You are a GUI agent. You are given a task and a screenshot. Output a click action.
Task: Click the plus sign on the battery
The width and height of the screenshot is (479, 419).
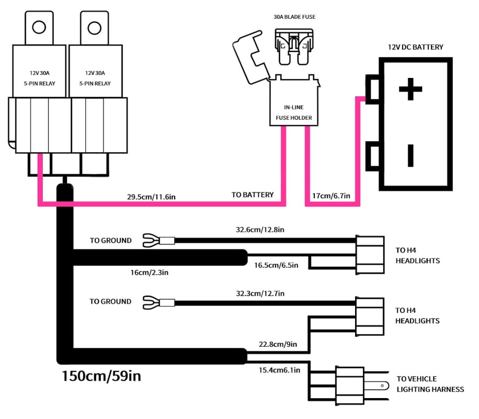coord(410,89)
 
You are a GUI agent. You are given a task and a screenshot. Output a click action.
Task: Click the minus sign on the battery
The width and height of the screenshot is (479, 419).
coord(410,155)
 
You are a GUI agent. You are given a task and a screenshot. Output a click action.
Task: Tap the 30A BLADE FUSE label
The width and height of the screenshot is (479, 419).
coord(294,17)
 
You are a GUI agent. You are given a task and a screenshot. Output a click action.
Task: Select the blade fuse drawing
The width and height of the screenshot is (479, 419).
coord(294,47)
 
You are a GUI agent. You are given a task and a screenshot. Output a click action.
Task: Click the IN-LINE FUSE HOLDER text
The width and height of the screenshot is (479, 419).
coord(294,112)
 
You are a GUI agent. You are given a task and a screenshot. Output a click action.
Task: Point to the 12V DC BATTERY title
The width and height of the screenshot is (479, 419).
coord(415,47)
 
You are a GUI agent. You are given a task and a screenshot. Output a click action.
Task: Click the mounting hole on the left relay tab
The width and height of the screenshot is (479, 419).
coord(39,27)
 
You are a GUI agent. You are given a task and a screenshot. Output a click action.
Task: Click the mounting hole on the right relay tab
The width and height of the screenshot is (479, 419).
coord(95,28)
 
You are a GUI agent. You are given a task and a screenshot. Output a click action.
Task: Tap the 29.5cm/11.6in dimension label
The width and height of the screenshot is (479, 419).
coord(151,197)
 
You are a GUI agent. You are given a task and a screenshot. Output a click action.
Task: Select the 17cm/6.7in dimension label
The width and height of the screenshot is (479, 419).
coord(331,196)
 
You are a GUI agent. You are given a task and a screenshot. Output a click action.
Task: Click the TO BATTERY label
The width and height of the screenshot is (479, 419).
coord(253,195)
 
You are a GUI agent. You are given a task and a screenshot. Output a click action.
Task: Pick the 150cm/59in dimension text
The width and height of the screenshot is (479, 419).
coord(101,376)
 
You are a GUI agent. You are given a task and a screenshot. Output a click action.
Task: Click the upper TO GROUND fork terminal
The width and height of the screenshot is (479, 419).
coord(151,241)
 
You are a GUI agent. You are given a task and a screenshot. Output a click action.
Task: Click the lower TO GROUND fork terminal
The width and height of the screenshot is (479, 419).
coord(151,302)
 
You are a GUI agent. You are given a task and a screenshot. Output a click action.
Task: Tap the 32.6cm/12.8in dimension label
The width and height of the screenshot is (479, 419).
coord(260,230)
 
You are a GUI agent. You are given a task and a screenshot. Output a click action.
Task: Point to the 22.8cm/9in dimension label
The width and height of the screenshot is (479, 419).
coord(278,344)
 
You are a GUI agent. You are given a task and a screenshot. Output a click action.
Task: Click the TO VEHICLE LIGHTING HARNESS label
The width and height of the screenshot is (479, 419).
coord(430,384)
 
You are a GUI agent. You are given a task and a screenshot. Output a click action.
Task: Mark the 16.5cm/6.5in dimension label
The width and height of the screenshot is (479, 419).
coord(276,265)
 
